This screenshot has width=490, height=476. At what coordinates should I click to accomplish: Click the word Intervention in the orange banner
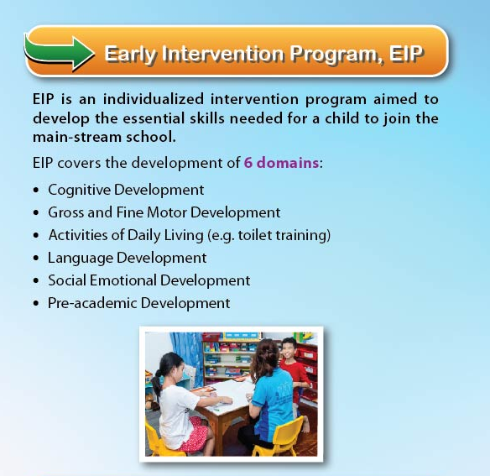coord(223,54)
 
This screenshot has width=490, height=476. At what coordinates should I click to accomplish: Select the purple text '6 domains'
coord(281,163)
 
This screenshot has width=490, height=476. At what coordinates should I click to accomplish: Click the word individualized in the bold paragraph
coord(154,99)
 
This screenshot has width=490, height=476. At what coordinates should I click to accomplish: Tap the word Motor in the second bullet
coord(167,212)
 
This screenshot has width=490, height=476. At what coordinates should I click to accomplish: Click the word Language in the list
coord(81,259)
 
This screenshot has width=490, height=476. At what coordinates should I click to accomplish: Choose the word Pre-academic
coord(92,303)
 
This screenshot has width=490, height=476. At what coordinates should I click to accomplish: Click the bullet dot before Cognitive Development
coord(36,191)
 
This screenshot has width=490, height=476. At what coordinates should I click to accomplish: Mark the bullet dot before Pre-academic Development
coord(36,303)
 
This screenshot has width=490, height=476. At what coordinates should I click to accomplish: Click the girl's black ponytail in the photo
coord(157,380)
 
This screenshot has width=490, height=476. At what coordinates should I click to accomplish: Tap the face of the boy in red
coord(289,348)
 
